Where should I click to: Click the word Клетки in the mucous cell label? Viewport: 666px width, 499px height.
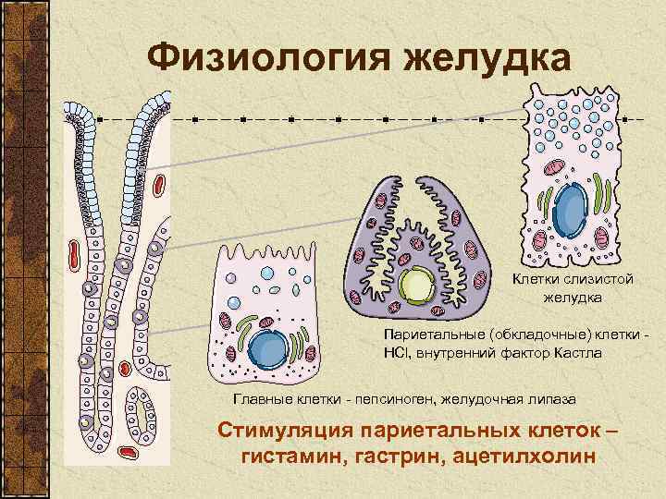tap(536, 279)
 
